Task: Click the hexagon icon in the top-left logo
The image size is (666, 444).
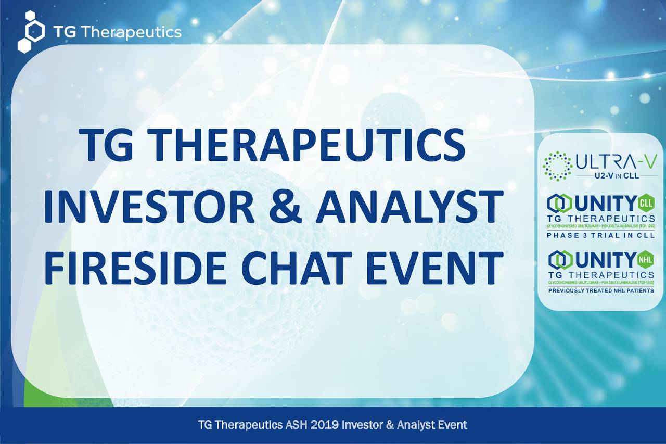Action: [31, 31]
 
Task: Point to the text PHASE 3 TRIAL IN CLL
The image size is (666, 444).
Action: [601, 235]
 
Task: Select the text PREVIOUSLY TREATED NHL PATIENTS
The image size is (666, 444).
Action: [601, 290]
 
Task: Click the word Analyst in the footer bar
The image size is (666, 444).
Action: [412, 425]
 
